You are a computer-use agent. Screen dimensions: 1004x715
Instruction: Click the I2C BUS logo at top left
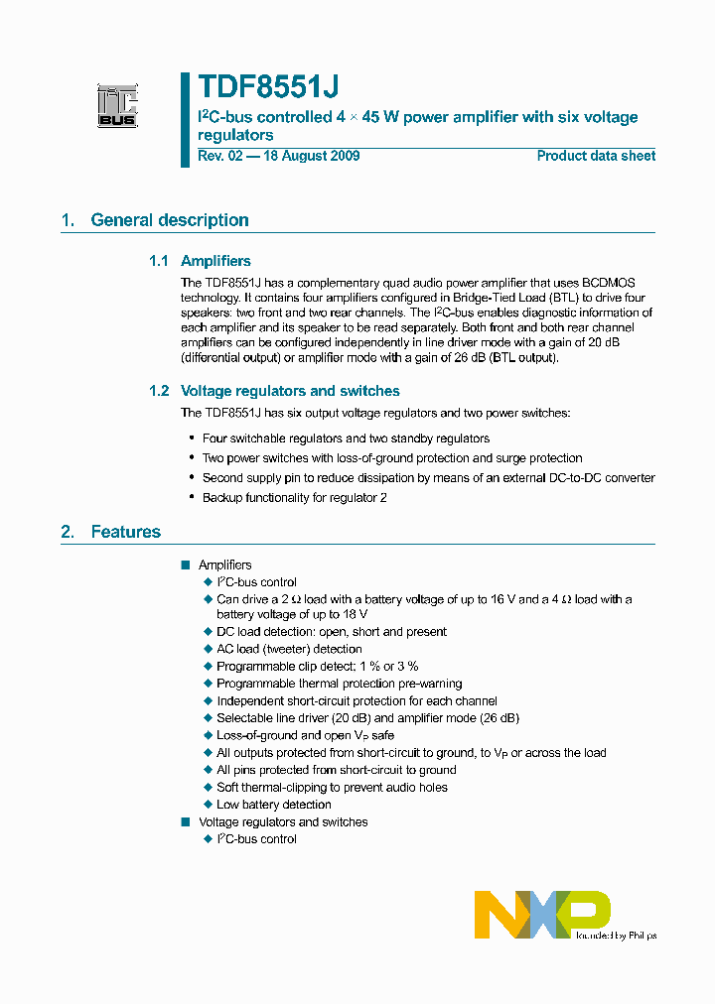click(117, 106)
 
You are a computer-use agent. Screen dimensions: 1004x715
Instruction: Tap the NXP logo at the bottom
click(541, 914)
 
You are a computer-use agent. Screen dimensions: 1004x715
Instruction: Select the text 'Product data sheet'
click(596, 156)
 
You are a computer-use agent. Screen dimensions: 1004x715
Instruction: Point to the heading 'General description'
click(170, 220)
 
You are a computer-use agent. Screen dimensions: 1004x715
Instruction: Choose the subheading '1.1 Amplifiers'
click(201, 261)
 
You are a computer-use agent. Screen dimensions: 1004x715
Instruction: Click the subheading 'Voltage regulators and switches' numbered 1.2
click(290, 391)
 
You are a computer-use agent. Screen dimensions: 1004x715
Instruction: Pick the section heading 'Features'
click(125, 532)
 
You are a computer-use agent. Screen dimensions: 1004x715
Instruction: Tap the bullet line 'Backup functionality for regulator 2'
click(294, 497)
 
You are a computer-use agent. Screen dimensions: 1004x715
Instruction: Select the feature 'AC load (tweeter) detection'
click(289, 649)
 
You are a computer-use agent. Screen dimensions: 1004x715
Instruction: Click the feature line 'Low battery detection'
click(274, 805)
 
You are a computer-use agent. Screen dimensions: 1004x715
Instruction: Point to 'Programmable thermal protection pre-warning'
click(339, 684)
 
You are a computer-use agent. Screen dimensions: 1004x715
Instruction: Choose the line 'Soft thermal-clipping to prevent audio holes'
click(332, 788)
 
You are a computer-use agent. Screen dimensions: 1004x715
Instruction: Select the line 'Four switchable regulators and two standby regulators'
click(346, 438)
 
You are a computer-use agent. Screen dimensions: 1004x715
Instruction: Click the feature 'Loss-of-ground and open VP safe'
click(306, 735)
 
